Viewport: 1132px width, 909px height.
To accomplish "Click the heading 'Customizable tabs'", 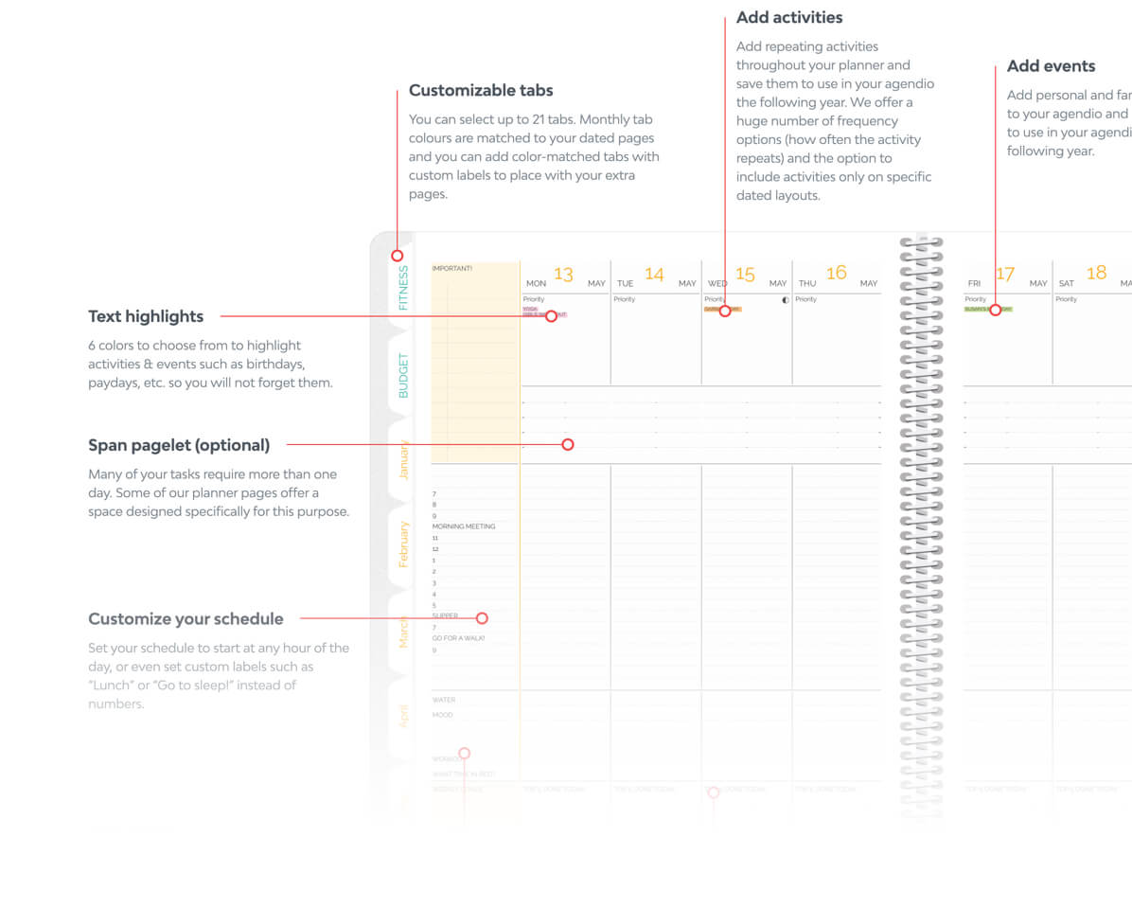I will pyautogui.click(x=481, y=91).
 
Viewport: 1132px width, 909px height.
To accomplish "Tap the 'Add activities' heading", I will pyautogui.click(x=789, y=18).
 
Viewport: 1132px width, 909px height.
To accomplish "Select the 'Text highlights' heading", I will pyautogui.click(x=146, y=316).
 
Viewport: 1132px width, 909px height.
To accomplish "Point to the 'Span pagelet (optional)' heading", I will pyautogui.click(x=179, y=445).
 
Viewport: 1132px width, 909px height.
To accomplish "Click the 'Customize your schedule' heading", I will pyautogui.click(x=186, y=619).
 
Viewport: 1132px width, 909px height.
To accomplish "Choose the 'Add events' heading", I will pyautogui.click(x=1051, y=66).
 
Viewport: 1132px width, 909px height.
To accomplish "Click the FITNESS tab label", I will pyautogui.click(x=404, y=288).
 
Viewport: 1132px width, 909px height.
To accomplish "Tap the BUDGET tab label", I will pyautogui.click(x=404, y=375).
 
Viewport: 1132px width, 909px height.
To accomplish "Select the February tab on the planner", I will pyautogui.click(x=403, y=544).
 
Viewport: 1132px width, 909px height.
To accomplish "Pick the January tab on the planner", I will pyautogui.click(x=403, y=459).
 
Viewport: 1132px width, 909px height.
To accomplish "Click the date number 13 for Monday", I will pyautogui.click(x=563, y=275).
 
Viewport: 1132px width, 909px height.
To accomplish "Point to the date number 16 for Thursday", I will pyautogui.click(x=836, y=274).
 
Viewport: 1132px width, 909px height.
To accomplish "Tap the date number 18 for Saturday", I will pyautogui.click(x=1096, y=274).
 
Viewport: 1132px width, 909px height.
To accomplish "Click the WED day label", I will pyautogui.click(x=717, y=283).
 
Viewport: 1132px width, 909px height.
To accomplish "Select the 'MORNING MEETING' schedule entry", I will pyautogui.click(x=464, y=526).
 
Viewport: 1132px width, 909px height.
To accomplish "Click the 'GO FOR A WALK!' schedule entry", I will pyautogui.click(x=458, y=638).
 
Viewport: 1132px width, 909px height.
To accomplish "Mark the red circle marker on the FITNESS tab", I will pyautogui.click(x=398, y=256).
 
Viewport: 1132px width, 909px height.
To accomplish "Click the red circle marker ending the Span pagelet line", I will pyautogui.click(x=568, y=444).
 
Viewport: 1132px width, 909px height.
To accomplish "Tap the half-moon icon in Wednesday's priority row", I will pyautogui.click(x=784, y=299).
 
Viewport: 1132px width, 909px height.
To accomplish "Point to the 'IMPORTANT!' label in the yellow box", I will pyautogui.click(x=452, y=268).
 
